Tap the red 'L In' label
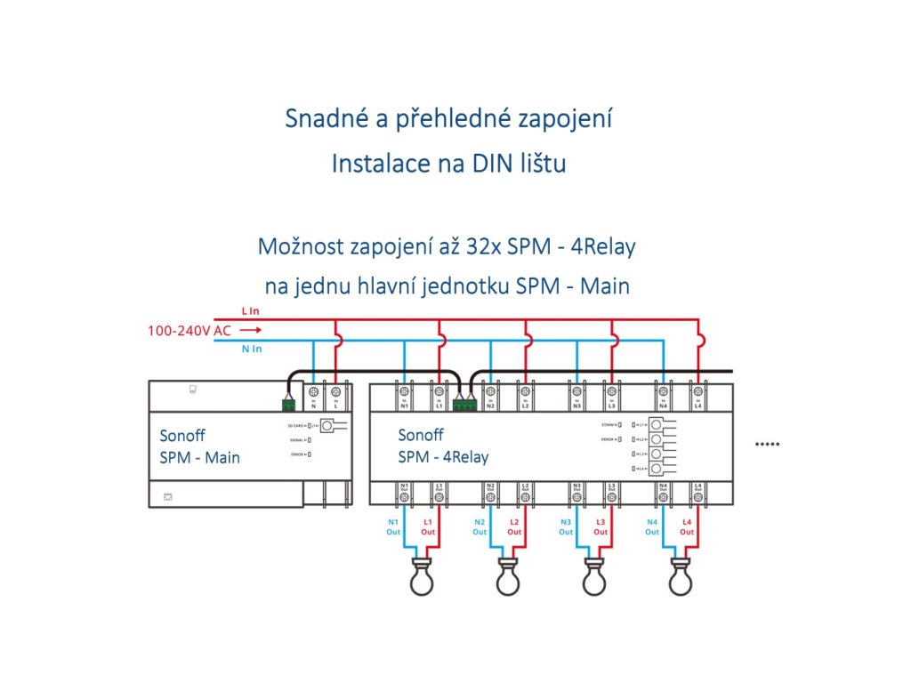pos(250,311)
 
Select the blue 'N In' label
pos(252,350)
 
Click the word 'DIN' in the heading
pos(473,164)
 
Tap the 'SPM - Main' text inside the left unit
pos(200,458)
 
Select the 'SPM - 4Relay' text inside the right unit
pos(443,458)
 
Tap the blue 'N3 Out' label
pos(566,526)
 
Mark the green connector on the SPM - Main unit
pos(289,405)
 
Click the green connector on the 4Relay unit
pos(464,405)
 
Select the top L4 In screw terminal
pos(698,391)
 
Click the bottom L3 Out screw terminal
pos(612,499)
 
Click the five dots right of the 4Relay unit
pos(766,443)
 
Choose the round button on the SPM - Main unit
pos(327,427)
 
